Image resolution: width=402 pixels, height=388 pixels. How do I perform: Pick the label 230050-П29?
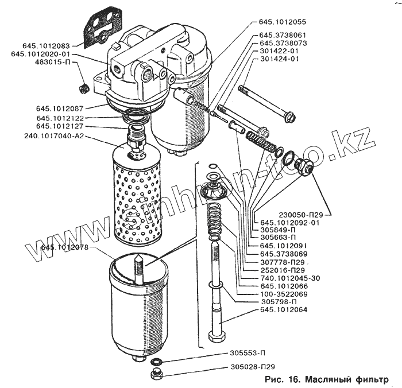tap(287, 215)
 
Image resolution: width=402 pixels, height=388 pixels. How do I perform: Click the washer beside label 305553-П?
tap(156, 362)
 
